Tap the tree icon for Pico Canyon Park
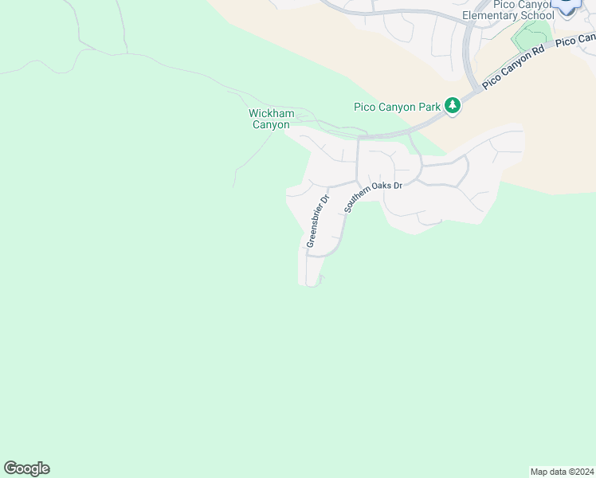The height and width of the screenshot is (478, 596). pyautogui.click(x=453, y=106)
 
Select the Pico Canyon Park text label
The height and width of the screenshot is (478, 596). pyautogui.click(x=398, y=106)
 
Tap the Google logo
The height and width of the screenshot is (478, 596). pyautogui.click(x=26, y=468)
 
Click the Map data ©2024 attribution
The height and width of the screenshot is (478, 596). pyautogui.click(x=563, y=471)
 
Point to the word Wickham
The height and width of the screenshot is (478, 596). pyautogui.click(x=272, y=113)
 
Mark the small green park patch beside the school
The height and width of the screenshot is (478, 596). pyautogui.click(x=529, y=35)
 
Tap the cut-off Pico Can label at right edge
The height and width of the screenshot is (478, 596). pyautogui.click(x=575, y=39)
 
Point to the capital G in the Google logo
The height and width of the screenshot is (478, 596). pyautogui.click(x=10, y=468)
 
